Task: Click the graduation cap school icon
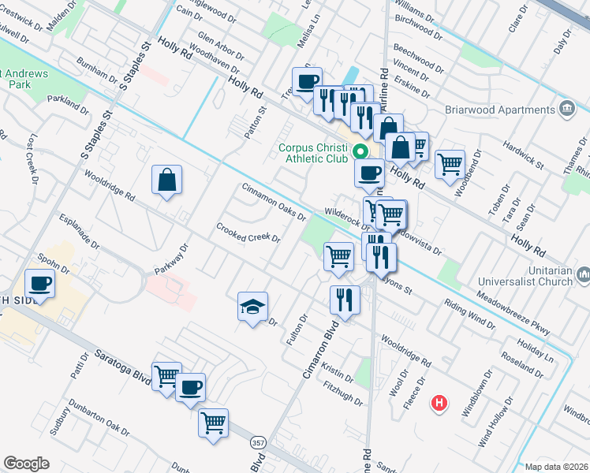(253, 306)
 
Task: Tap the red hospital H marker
(439, 404)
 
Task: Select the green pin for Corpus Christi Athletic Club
(360, 151)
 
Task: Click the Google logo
(27, 464)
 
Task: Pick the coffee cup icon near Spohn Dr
(39, 283)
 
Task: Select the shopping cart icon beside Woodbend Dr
(450, 164)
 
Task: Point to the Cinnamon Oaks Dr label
(273, 203)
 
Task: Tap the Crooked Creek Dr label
(248, 233)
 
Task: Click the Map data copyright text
(557, 467)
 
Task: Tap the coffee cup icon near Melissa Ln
(306, 80)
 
